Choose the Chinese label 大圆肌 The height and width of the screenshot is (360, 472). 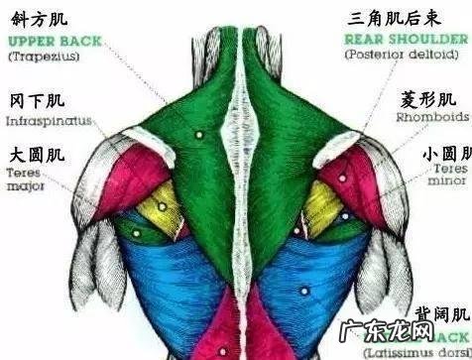37,156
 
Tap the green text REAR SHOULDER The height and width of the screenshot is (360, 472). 406,40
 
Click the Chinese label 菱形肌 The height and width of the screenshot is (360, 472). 427,100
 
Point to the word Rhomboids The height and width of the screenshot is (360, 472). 432,117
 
